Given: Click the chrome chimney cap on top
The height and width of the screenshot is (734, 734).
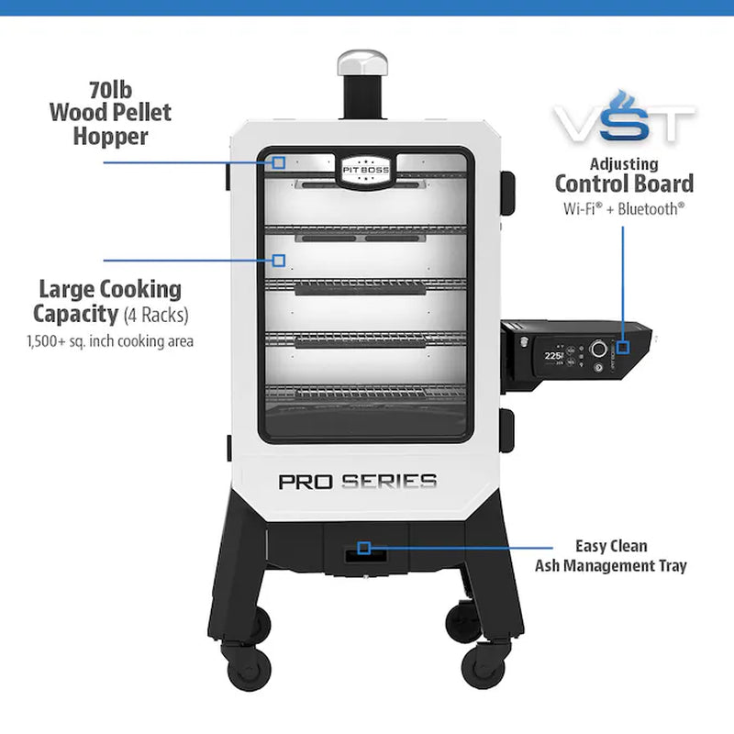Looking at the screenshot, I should coord(355,63).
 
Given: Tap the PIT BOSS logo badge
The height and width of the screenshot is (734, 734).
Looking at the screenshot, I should coord(367,169).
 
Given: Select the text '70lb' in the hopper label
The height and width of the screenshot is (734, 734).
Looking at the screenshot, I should coord(111,91).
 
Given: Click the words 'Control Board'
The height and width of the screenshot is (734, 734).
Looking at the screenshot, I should coord(624,183).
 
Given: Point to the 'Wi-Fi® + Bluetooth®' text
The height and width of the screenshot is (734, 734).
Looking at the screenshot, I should coord(624,208).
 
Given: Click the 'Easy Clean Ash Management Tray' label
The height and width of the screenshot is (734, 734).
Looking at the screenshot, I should coord(610,556).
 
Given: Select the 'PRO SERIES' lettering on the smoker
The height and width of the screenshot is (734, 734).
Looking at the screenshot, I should coord(357,481).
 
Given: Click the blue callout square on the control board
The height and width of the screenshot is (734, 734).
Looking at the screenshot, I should coord(623,347).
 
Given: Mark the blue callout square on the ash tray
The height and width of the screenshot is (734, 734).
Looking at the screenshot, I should coord(364,548).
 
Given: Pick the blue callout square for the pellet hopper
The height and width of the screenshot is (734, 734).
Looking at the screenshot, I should coord(279,162).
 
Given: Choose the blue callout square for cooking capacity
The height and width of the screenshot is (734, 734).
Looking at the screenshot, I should coord(279,261).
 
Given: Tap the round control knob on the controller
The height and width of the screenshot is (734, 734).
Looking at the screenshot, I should coord(599,349).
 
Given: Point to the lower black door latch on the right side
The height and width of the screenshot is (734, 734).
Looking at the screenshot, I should coord(507,427).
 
